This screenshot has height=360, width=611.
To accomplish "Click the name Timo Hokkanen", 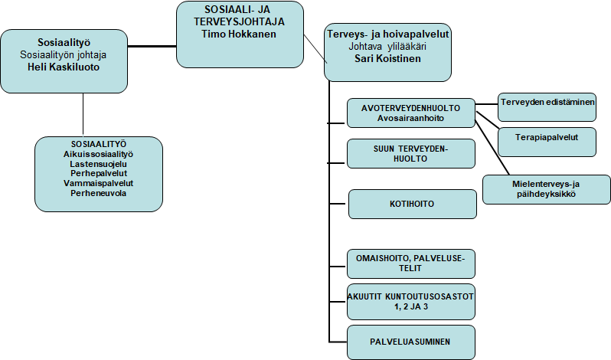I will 238,34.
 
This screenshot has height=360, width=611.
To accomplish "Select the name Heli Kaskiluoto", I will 68,67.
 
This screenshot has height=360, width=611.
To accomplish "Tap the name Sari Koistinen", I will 387,57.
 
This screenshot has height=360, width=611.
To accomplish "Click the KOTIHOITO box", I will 411,205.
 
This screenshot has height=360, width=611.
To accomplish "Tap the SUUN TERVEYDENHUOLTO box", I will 411,153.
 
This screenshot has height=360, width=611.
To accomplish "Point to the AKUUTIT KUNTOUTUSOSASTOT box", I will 411,302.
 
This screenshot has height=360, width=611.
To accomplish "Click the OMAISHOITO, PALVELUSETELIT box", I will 411,263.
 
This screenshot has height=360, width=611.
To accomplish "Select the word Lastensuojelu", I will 98,164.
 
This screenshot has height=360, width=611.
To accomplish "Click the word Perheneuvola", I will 98,194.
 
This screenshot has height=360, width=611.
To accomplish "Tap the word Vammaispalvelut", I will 98,184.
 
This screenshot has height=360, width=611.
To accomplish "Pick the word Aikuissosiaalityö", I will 98,154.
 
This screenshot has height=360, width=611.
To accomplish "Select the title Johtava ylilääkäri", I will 387,46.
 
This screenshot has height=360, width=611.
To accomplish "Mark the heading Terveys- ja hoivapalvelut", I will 387,34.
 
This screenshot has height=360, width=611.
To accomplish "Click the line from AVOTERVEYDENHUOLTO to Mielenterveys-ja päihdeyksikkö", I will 492,146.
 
